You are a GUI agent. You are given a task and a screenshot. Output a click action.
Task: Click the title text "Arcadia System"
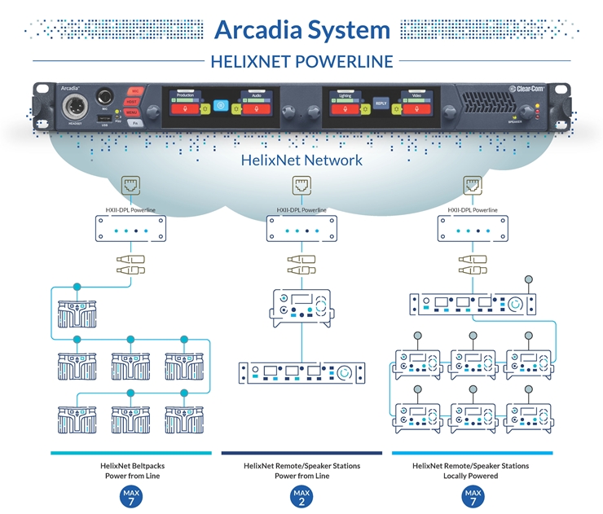[x=301, y=30]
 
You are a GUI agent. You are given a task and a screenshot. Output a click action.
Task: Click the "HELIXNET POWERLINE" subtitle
[x=301, y=61]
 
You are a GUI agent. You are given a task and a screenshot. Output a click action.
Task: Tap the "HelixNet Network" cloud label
[x=301, y=160]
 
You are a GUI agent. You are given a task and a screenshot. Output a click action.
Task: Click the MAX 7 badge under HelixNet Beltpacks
[x=130, y=496]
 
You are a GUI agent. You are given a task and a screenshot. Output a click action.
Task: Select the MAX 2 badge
[x=301, y=496]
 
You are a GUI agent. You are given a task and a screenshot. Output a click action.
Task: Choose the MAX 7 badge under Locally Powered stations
[x=472, y=496]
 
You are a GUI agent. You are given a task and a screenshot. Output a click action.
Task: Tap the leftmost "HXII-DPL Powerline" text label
[x=130, y=210]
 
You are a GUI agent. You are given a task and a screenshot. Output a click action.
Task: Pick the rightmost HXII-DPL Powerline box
[x=472, y=230]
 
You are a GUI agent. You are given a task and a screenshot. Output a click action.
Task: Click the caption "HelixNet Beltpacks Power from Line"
[x=130, y=471]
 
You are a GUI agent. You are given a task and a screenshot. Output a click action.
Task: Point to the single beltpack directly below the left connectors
[x=77, y=313]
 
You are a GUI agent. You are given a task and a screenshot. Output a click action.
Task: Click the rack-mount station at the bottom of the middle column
[x=301, y=373]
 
